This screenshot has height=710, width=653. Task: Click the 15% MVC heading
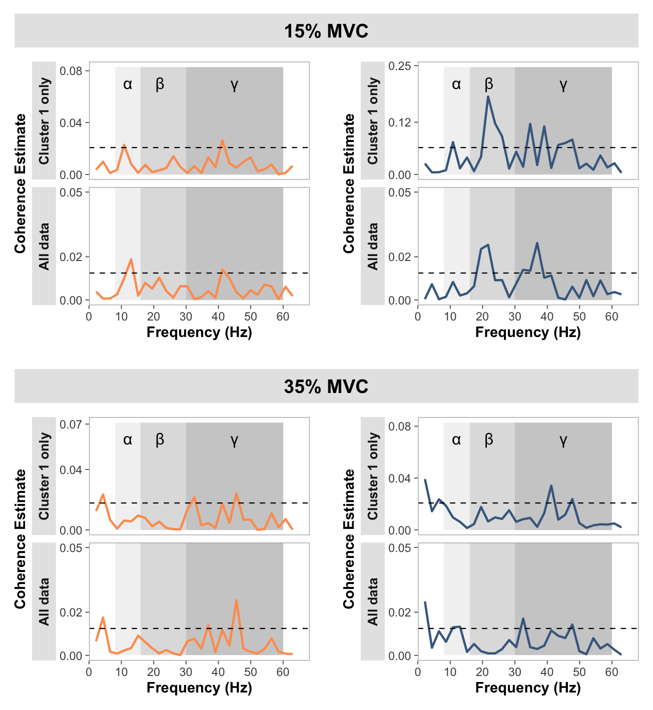[326, 31]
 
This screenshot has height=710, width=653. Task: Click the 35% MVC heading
[326, 386]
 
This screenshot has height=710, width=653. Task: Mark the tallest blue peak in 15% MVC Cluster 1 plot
[488, 96]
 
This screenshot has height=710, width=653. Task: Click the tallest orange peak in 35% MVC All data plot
[236, 600]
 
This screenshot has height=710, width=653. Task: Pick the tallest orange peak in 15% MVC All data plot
[131, 259]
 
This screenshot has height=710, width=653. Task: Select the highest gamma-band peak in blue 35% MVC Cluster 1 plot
[551, 485]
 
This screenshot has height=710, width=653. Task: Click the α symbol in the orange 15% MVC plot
[128, 84]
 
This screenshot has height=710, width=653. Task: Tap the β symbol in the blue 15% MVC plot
[489, 84]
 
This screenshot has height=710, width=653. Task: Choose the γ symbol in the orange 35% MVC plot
[234, 439]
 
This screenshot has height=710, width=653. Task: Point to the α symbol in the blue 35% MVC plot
[456, 439]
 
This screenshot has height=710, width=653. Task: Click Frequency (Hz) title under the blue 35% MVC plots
[528, 687]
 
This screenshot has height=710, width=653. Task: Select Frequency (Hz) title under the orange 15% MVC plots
[199, 332]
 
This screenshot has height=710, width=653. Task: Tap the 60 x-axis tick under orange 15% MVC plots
[283, 316]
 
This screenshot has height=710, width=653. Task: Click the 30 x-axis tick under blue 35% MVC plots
[515, 671]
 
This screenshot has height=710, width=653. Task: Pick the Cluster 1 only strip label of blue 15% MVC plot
[373, 120]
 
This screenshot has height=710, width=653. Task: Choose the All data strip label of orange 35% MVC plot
[44, 601]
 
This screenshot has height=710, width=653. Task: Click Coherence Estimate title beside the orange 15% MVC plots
[20, 183]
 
